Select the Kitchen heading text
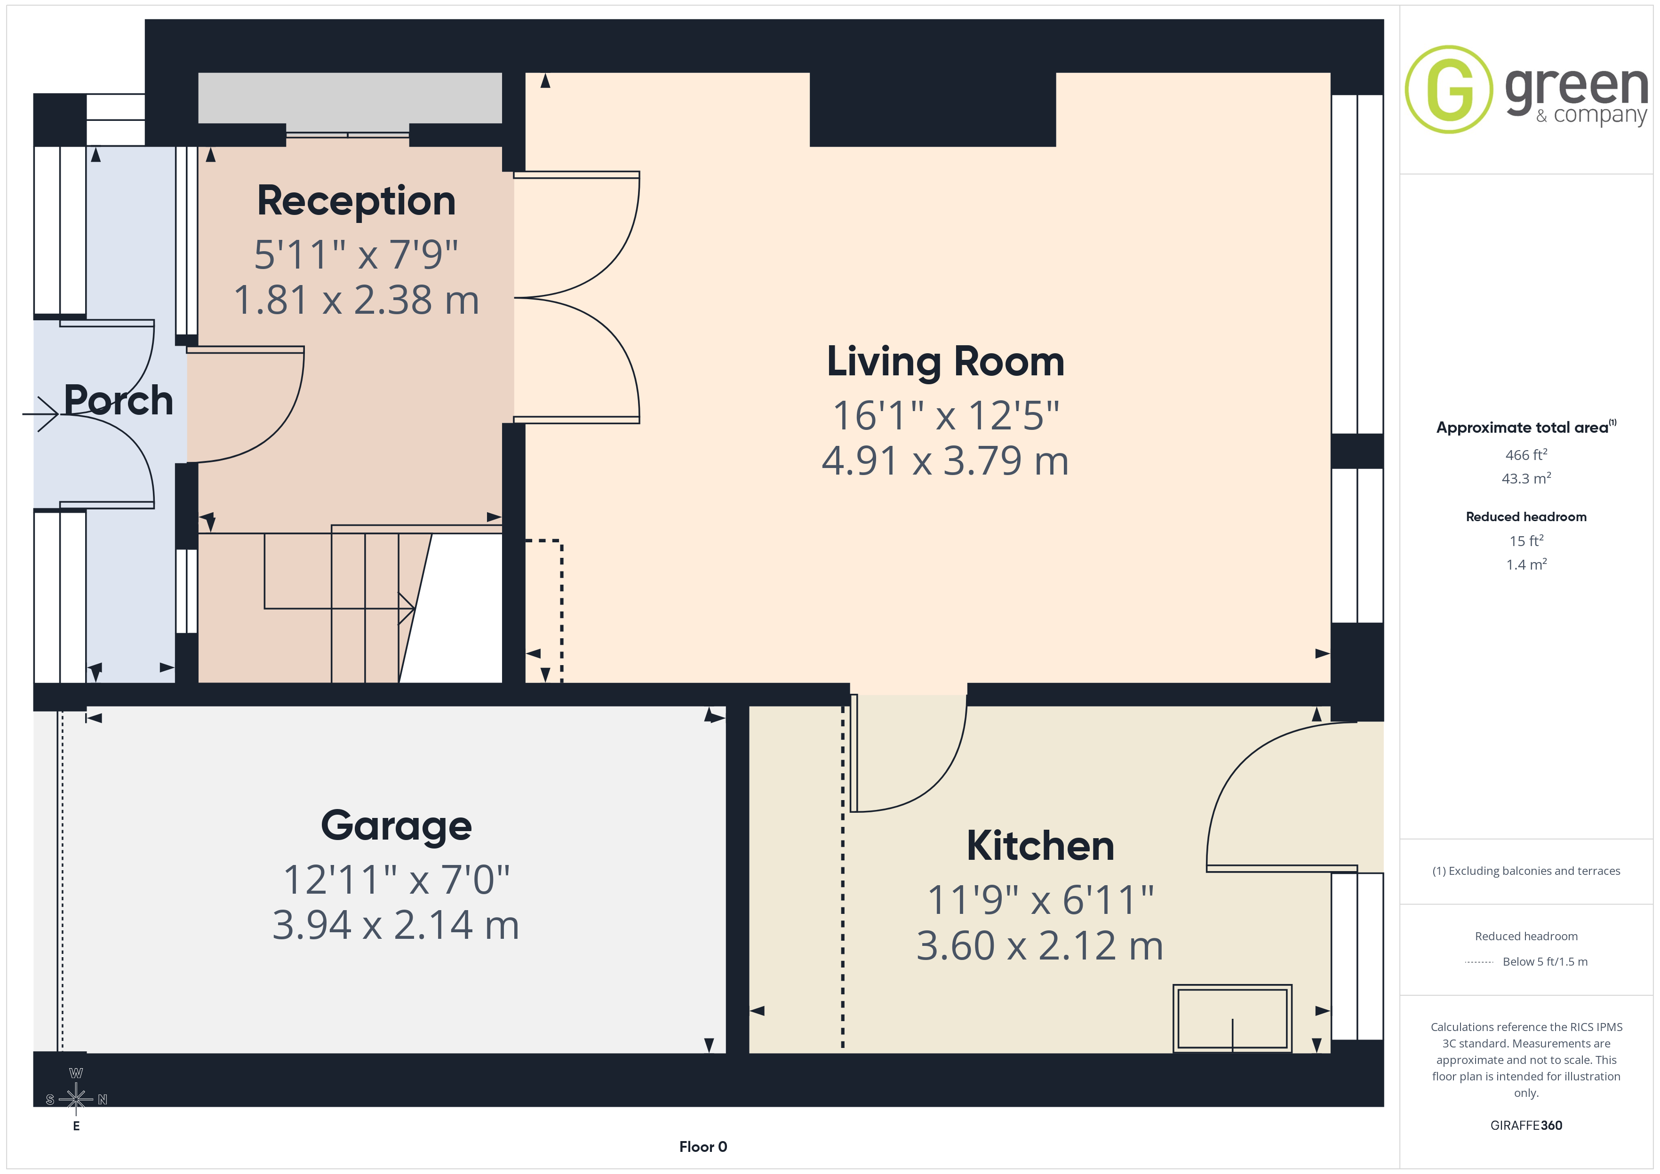(x=1040, y=846)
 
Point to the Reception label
(x=357, y=201)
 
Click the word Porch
(x=119, y=400)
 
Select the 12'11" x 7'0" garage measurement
(x=396, y=880)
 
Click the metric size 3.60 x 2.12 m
(x=1040, y=945)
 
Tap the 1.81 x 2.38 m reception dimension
(x=357, y=300)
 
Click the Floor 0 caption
(x=703, y=1147)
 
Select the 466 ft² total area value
(x=1526, y=455)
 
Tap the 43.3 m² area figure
(x=1526, y=478)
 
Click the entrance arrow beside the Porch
(x=40, y=414)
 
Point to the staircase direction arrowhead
(x=407, y=608)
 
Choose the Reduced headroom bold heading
(x=1526, y=517)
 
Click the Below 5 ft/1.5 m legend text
(x=1545, y=961)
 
